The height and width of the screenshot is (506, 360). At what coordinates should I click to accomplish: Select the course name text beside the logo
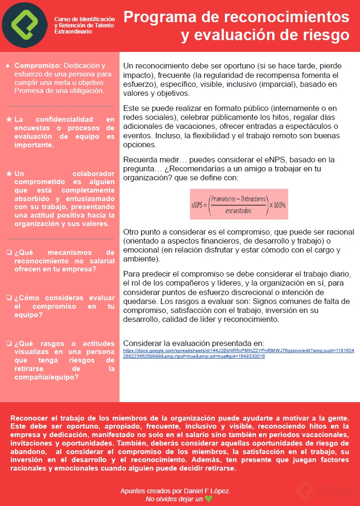tap(84, 25)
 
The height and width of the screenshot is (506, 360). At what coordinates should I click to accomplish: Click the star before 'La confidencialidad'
tap(9, 120)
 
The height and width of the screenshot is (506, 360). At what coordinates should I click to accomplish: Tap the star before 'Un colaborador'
tap(9, 174)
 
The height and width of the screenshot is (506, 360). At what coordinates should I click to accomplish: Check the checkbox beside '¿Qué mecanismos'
tap(9, 252)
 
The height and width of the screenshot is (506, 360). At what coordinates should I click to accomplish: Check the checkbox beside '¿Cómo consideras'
tap(9, 298)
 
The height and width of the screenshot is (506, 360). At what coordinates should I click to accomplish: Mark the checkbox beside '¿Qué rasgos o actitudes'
tap(9, 344)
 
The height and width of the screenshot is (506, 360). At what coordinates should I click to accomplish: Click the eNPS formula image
tap(239, 204)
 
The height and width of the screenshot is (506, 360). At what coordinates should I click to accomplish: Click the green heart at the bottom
tap(208, 499)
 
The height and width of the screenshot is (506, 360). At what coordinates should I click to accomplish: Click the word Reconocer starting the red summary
tap(29, 418)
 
